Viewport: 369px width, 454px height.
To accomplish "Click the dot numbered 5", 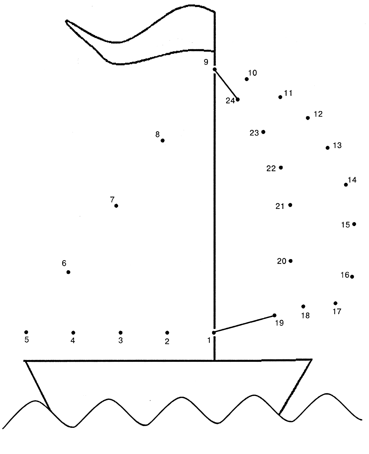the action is click(26, 332).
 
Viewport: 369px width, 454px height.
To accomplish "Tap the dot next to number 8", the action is click(162, 140).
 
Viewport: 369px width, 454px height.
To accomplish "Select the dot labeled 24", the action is click(238, 99).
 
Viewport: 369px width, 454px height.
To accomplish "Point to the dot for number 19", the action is click(275, 315).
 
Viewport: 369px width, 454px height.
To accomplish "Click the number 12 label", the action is click(318, 114).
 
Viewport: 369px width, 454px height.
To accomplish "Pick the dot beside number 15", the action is click(354, 224).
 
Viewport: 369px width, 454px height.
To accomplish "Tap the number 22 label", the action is click(271, 168).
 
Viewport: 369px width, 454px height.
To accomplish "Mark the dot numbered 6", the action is click(68, 272).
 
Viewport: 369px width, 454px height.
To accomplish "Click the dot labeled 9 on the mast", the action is click(215, 69).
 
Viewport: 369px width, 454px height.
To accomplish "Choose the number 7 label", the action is click(112, 199).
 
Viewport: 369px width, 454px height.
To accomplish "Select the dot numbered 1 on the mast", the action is click(214, 332).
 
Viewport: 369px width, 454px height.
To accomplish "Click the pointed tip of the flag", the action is click(66, 21).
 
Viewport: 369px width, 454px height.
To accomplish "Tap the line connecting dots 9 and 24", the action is click(226, 85).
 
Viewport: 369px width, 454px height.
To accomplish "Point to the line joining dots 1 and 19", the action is click(244, 324).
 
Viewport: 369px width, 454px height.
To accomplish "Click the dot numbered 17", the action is click(335, 303).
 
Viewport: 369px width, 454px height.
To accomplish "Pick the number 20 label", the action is click(282, 261).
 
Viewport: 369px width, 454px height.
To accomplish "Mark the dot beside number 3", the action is click(121, 332).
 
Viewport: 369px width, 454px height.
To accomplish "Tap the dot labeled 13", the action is click(328, 148).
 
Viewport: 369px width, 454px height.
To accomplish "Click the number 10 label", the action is click(253, 73).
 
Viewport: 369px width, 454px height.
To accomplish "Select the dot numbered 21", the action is click(290, 205).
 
